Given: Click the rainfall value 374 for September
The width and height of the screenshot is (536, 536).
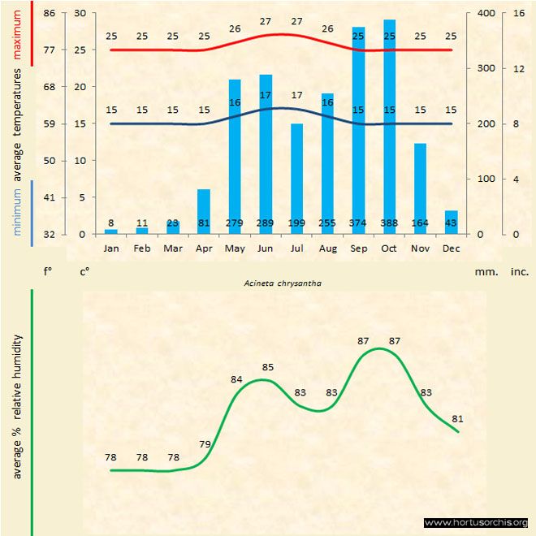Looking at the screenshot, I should click(358, 223).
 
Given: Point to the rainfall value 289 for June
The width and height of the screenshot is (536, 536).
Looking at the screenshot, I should click(266, 223).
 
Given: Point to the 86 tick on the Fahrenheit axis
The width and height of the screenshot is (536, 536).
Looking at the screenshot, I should click(50, 13).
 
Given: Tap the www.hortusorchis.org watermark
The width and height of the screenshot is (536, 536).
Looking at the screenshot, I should click(476, 522).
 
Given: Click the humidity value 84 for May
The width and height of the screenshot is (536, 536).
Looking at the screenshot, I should click(236, 379).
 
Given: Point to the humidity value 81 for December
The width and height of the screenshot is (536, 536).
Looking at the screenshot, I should click(457, 418).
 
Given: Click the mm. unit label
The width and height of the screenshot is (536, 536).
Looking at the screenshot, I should click(486, 271).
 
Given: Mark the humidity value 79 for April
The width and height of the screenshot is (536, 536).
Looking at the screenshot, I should click(205, 443).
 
